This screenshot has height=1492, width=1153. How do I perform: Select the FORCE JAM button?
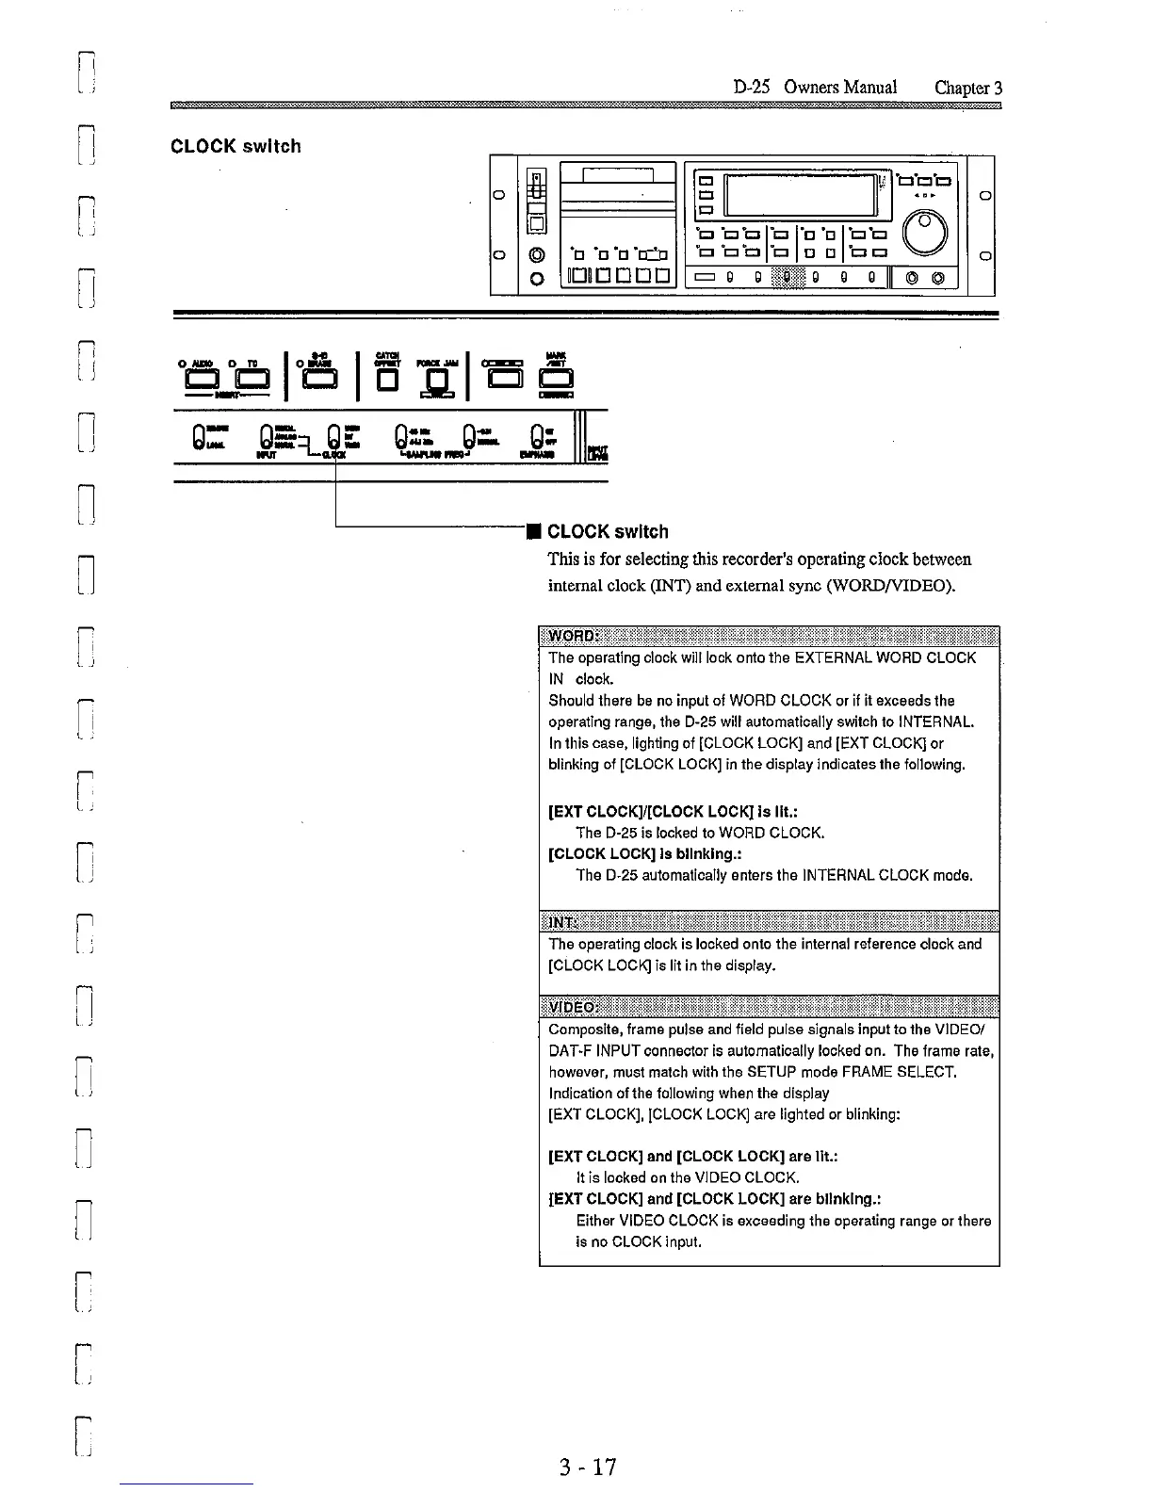coord(436,381)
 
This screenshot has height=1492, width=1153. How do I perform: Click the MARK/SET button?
coord(555,380)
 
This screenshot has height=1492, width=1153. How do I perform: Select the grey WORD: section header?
coord(769,638)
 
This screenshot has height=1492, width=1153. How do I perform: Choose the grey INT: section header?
coord(769,922)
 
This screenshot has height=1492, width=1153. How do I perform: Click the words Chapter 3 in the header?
coord(967,88)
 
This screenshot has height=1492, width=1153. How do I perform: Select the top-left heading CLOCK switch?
coord(235,146)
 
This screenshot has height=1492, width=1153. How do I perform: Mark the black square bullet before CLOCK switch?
coord(533,533)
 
